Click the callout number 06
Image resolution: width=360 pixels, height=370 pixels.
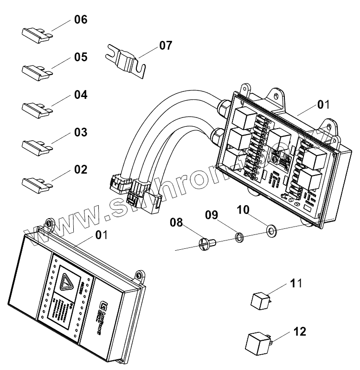point(80,20)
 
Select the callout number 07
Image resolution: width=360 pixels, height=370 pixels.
point(165,45)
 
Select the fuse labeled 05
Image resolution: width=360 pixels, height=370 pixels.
point(35,71)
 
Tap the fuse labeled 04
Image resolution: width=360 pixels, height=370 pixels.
point(35,108)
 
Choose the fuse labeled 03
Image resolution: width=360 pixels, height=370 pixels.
point(35,145)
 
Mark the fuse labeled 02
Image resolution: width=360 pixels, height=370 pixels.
point(35,182)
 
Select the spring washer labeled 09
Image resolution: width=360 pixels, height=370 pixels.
point(238,238)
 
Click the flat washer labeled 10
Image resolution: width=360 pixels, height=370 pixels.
point(271,230)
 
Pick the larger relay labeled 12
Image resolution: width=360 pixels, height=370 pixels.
point(257,344)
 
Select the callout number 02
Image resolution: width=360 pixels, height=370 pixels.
point(80,169)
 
